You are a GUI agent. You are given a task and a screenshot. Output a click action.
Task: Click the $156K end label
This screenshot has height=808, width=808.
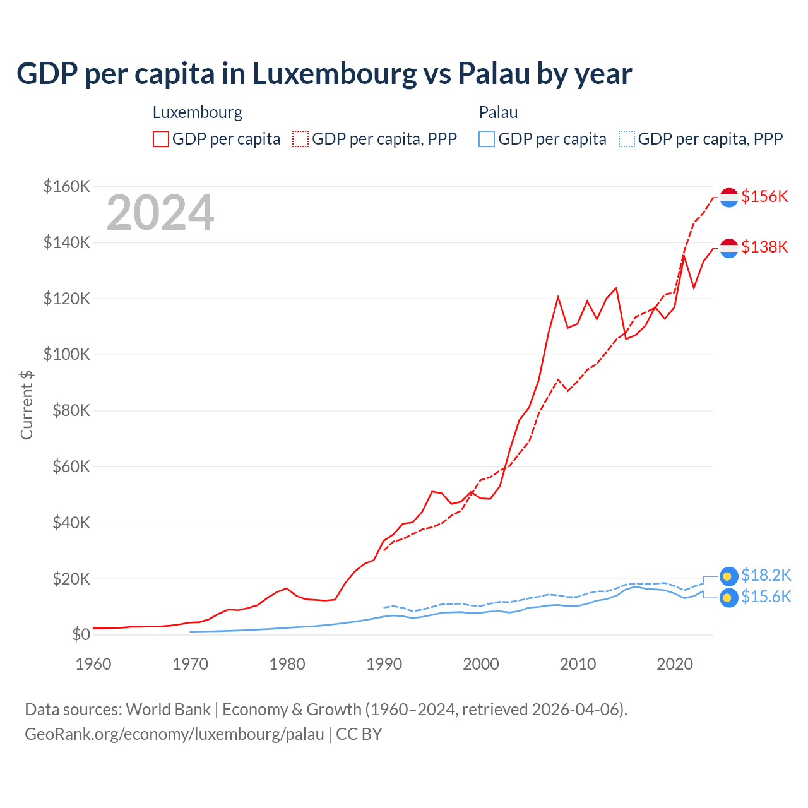(x=764, y=196)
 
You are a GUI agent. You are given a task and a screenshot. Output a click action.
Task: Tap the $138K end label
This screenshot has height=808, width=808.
(x=764, y=247)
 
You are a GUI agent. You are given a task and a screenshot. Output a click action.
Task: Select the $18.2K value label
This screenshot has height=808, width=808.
(x=766, y=575)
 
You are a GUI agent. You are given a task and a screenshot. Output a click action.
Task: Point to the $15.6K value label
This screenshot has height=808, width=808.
(x=766, y=597)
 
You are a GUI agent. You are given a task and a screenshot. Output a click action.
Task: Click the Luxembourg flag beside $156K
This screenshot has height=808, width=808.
(x=729, y=197)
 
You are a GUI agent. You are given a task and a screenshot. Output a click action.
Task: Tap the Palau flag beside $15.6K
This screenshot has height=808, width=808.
(x=729, y=598)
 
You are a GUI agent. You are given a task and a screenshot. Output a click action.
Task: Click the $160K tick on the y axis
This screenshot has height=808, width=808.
(x=67, y=186)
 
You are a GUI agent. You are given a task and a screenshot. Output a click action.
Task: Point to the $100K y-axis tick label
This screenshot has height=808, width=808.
(x=67, y=354)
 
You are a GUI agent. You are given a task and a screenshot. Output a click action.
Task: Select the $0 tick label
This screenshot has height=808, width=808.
(x=81, y=634)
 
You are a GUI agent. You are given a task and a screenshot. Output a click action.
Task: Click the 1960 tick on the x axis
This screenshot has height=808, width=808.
(x=93, y=664)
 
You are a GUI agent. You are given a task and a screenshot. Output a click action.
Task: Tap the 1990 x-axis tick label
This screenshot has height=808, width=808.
(x=384, y=664)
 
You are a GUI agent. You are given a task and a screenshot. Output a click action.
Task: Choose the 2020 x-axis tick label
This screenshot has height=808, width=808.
(x=675, y=664)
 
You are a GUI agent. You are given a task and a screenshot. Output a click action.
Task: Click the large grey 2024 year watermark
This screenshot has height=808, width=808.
(x=160, y=213)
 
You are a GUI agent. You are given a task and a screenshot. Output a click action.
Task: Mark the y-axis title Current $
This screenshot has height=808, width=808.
(x=27, y=405)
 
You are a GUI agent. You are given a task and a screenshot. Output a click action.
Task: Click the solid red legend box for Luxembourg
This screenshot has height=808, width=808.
(x=161, y=139)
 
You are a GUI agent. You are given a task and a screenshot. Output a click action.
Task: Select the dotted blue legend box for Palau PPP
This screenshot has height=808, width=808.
(x=627, y=139)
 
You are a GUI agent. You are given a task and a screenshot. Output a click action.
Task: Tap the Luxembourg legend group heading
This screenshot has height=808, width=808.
(x=198, y=112)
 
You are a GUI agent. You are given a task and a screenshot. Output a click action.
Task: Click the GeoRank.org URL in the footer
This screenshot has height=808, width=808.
(x=174, y=734)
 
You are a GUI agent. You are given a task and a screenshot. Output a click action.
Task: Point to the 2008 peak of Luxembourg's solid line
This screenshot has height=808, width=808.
(x=558, y=297)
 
